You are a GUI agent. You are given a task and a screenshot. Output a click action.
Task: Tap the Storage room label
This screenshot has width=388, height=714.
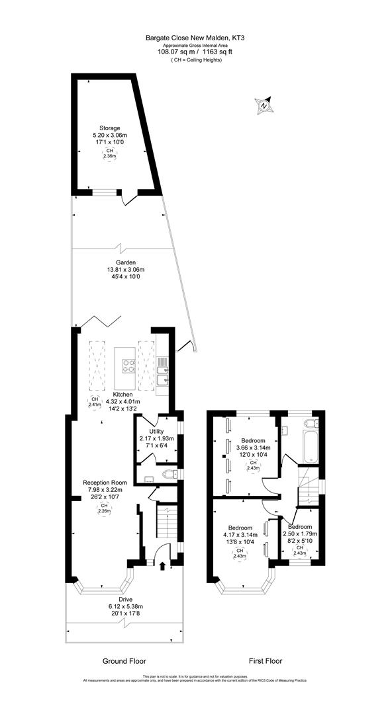tap(110, 128)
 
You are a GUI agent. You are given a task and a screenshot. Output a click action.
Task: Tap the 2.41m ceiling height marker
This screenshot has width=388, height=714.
tap(94, 403)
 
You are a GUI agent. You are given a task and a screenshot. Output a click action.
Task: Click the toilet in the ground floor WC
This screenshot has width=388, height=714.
tap(170, 473)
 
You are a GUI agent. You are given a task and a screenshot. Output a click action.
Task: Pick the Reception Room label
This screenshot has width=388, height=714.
tap(101, 482)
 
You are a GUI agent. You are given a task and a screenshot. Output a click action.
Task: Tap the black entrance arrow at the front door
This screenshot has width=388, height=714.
tap(163, 564)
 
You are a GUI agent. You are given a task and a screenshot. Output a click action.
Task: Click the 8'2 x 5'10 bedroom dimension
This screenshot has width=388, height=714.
tap(301, 541)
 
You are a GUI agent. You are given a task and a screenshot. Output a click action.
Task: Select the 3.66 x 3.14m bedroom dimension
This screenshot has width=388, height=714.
tap(254, 448)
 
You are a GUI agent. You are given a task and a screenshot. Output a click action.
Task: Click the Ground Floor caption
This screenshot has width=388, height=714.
tap(124, 660)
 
